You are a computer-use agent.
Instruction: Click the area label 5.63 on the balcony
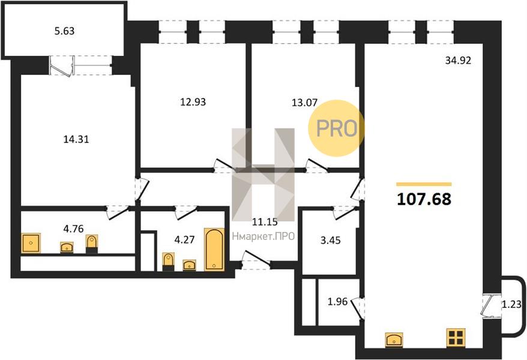click(64, 31)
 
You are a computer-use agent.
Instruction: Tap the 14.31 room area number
click(76, 139)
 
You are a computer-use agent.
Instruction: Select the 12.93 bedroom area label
click(193, 102)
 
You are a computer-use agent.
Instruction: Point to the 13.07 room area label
click(304, 103)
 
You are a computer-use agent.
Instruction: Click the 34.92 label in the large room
click(458, 61)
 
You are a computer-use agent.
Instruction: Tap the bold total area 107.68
click(424, 199)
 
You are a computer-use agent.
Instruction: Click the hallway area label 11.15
click(265, 221)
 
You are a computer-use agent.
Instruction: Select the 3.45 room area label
click(331, 241)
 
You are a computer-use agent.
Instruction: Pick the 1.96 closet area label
click(337, 302)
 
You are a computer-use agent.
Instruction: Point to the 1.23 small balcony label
click(511, 305)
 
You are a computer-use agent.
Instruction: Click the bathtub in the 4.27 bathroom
click(214, 249)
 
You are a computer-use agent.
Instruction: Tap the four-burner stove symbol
click(456, 337)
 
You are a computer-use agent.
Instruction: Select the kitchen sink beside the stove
click(394, 340)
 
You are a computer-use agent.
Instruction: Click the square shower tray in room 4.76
click(31, 243)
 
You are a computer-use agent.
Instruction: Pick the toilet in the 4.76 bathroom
click(91, 244)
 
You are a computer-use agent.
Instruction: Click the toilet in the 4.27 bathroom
click(169, 262)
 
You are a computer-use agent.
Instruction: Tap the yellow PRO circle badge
click(337, 128)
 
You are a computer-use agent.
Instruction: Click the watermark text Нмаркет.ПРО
click(263, 236)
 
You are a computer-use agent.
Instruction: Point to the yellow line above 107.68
click(424, 184)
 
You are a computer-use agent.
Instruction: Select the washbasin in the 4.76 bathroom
click(67, 247)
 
